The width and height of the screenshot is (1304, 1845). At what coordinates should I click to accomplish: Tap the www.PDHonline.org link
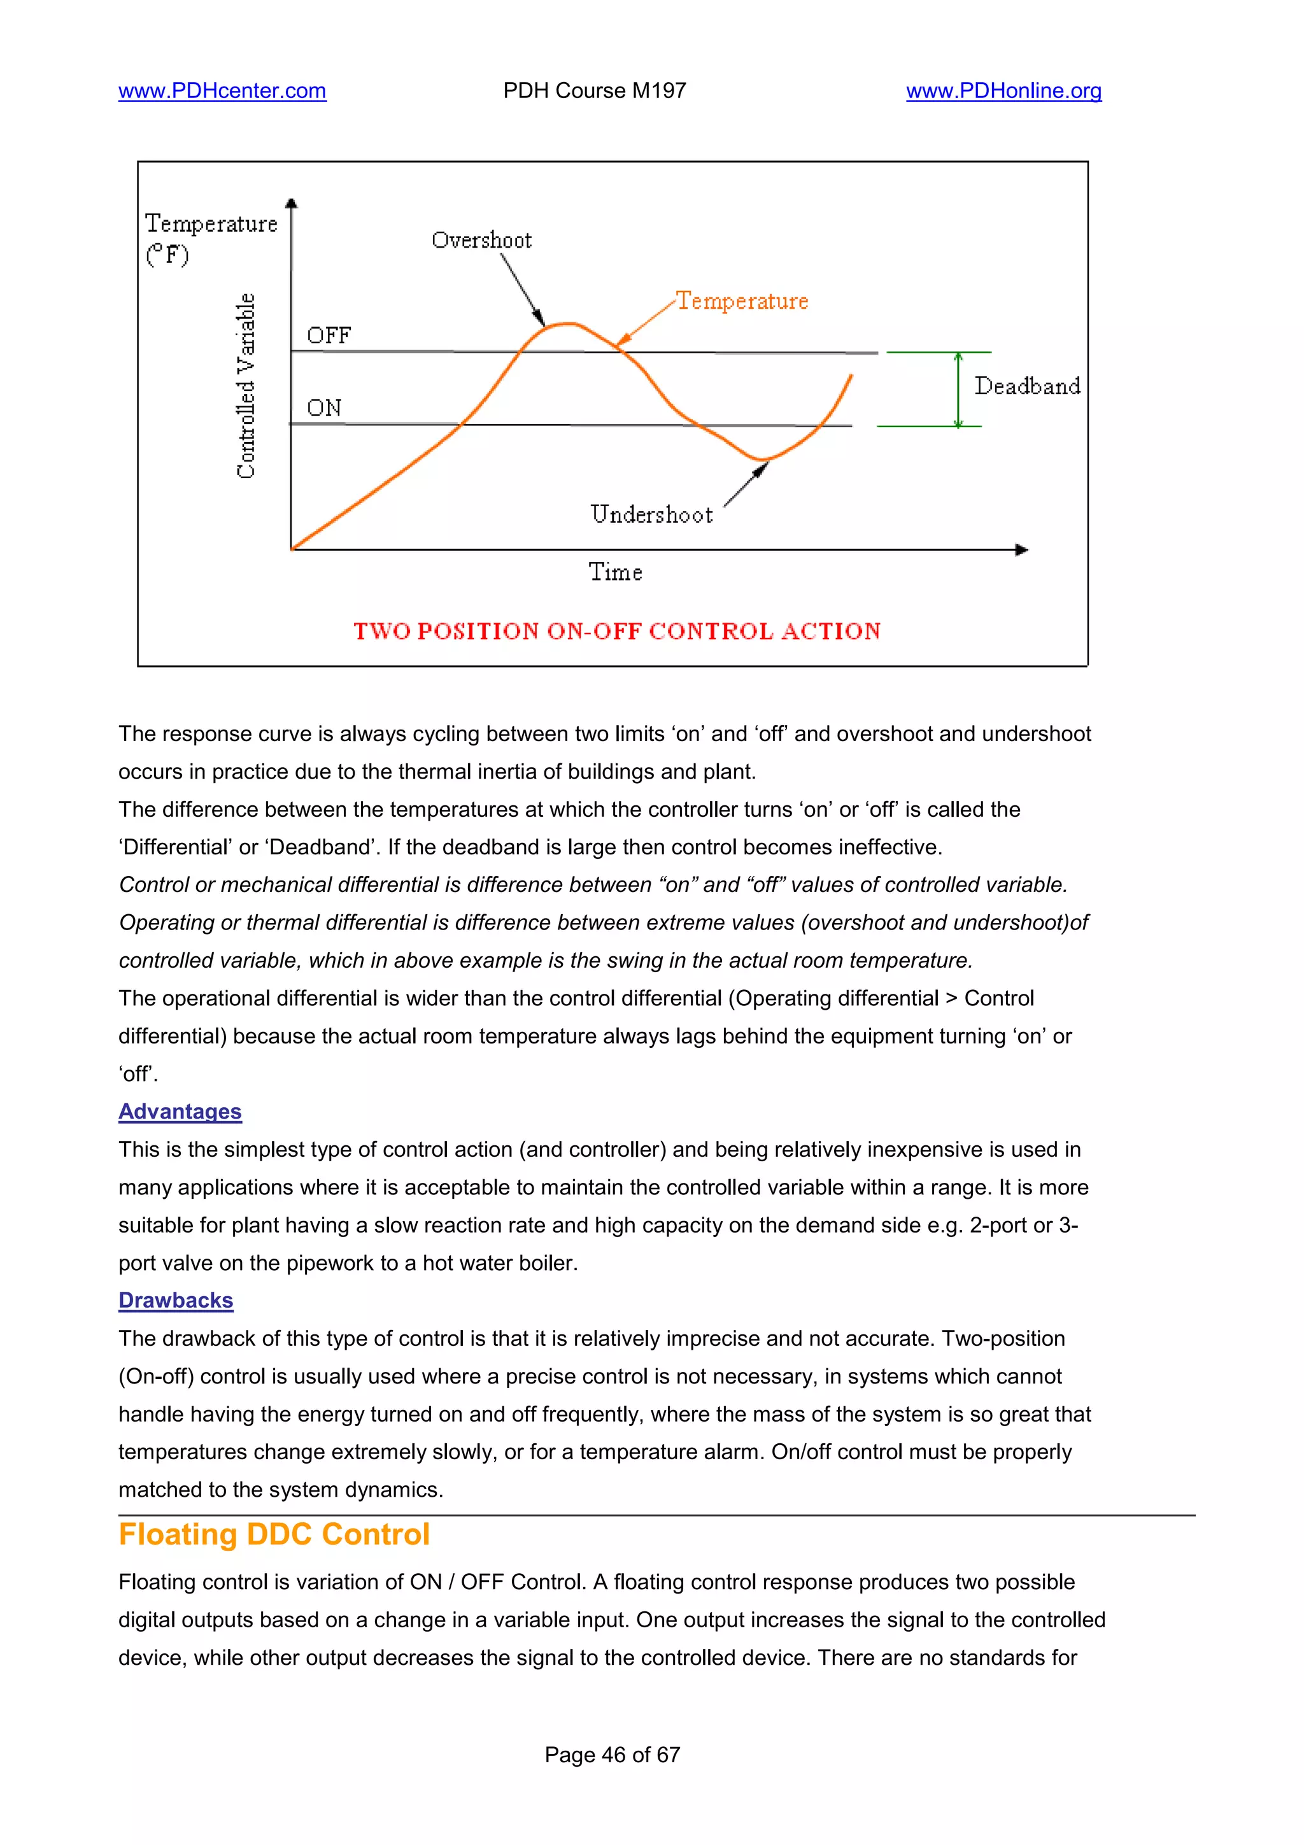pyautogui.click(x=1003, y=91)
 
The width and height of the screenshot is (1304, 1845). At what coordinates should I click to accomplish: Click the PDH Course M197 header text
pyautogui.click(x=595, y=91)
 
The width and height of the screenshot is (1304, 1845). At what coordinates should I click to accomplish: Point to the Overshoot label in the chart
pyautogui.click(x=481, y=240)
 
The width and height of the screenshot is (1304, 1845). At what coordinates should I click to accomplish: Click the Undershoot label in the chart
pyautogui.click(x=651, y=514)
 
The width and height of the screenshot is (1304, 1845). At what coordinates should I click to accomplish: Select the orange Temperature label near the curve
pyautogui.click(x=742, y=301)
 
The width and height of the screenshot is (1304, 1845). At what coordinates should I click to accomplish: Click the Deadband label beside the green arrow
pyautogui.click(x=1027, y=386)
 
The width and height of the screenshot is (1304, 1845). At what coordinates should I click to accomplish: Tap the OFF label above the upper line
pyautogui.click(x=329, y=335)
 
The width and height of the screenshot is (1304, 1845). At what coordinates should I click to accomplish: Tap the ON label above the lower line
pyautogui.click(x=324, y=408)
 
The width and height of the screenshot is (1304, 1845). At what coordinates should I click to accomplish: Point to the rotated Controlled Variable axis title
pyautogui.click(x=245, y=386)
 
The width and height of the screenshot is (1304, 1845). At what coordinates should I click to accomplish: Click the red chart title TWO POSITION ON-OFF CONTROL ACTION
pyautogui.click(x=617, y=631)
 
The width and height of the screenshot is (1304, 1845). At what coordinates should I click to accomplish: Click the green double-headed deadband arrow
pyautogui.click(x=958, y=390)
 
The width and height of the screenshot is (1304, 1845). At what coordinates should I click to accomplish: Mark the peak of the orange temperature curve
pyautogui.click(x=568, y=324)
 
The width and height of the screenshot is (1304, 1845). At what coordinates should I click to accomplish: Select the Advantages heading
pyautogui.click(x=180, y=1112)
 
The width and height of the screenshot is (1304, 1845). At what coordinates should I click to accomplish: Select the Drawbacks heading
pyautogui.click(x=176, y=1300)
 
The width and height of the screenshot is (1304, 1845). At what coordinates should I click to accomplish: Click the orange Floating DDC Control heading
pyautogui.click(x=274, y=1534)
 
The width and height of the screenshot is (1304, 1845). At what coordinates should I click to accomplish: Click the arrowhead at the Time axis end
pyautogui.click(x=1022, y=549)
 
